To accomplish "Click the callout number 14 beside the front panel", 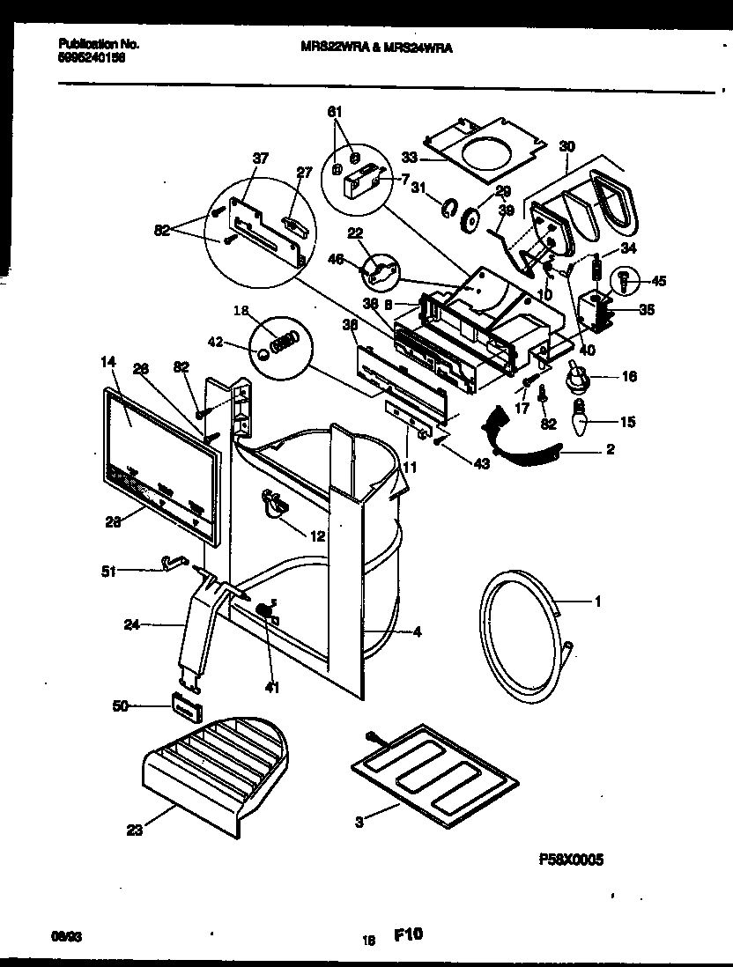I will tap(107, 361).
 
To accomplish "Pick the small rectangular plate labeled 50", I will tap(184, 705).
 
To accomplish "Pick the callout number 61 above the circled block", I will tap(334, 112).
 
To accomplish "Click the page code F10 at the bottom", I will tap(408, 936).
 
